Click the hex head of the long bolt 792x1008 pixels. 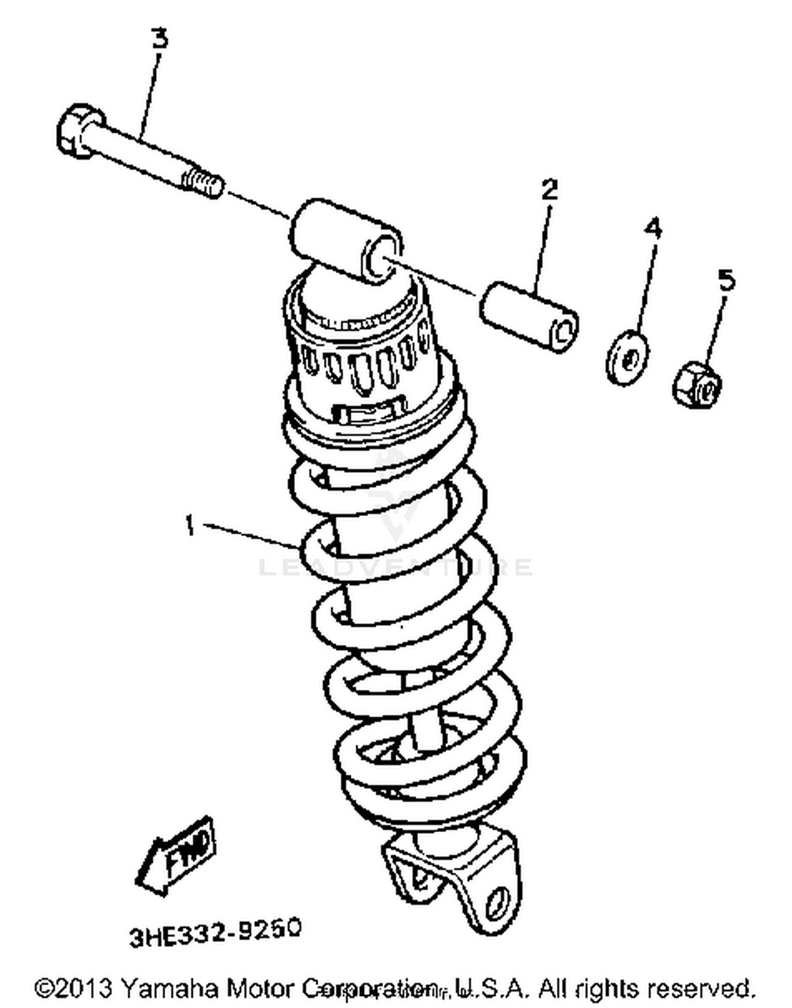pos(78,131)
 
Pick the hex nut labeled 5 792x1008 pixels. pos(697,384)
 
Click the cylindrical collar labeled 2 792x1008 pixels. pos(528,315)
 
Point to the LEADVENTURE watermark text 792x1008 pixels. pos(395,567)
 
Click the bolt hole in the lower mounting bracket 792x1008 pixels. pos(497,904)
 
